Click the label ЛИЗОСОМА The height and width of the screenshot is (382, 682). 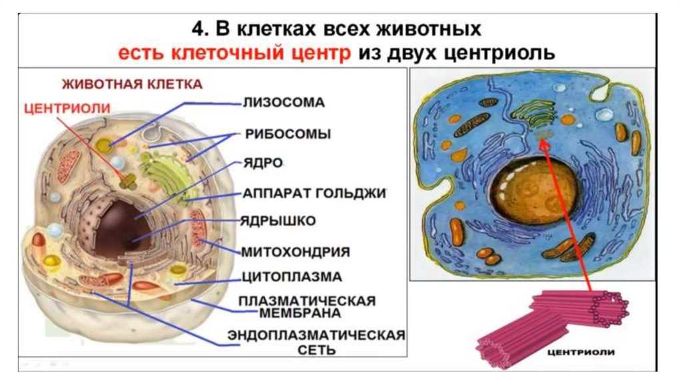point(283,103)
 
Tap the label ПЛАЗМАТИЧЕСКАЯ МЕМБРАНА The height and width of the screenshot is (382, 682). point(307,306)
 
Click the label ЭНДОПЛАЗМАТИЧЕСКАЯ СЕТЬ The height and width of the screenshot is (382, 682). point(316,341)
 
